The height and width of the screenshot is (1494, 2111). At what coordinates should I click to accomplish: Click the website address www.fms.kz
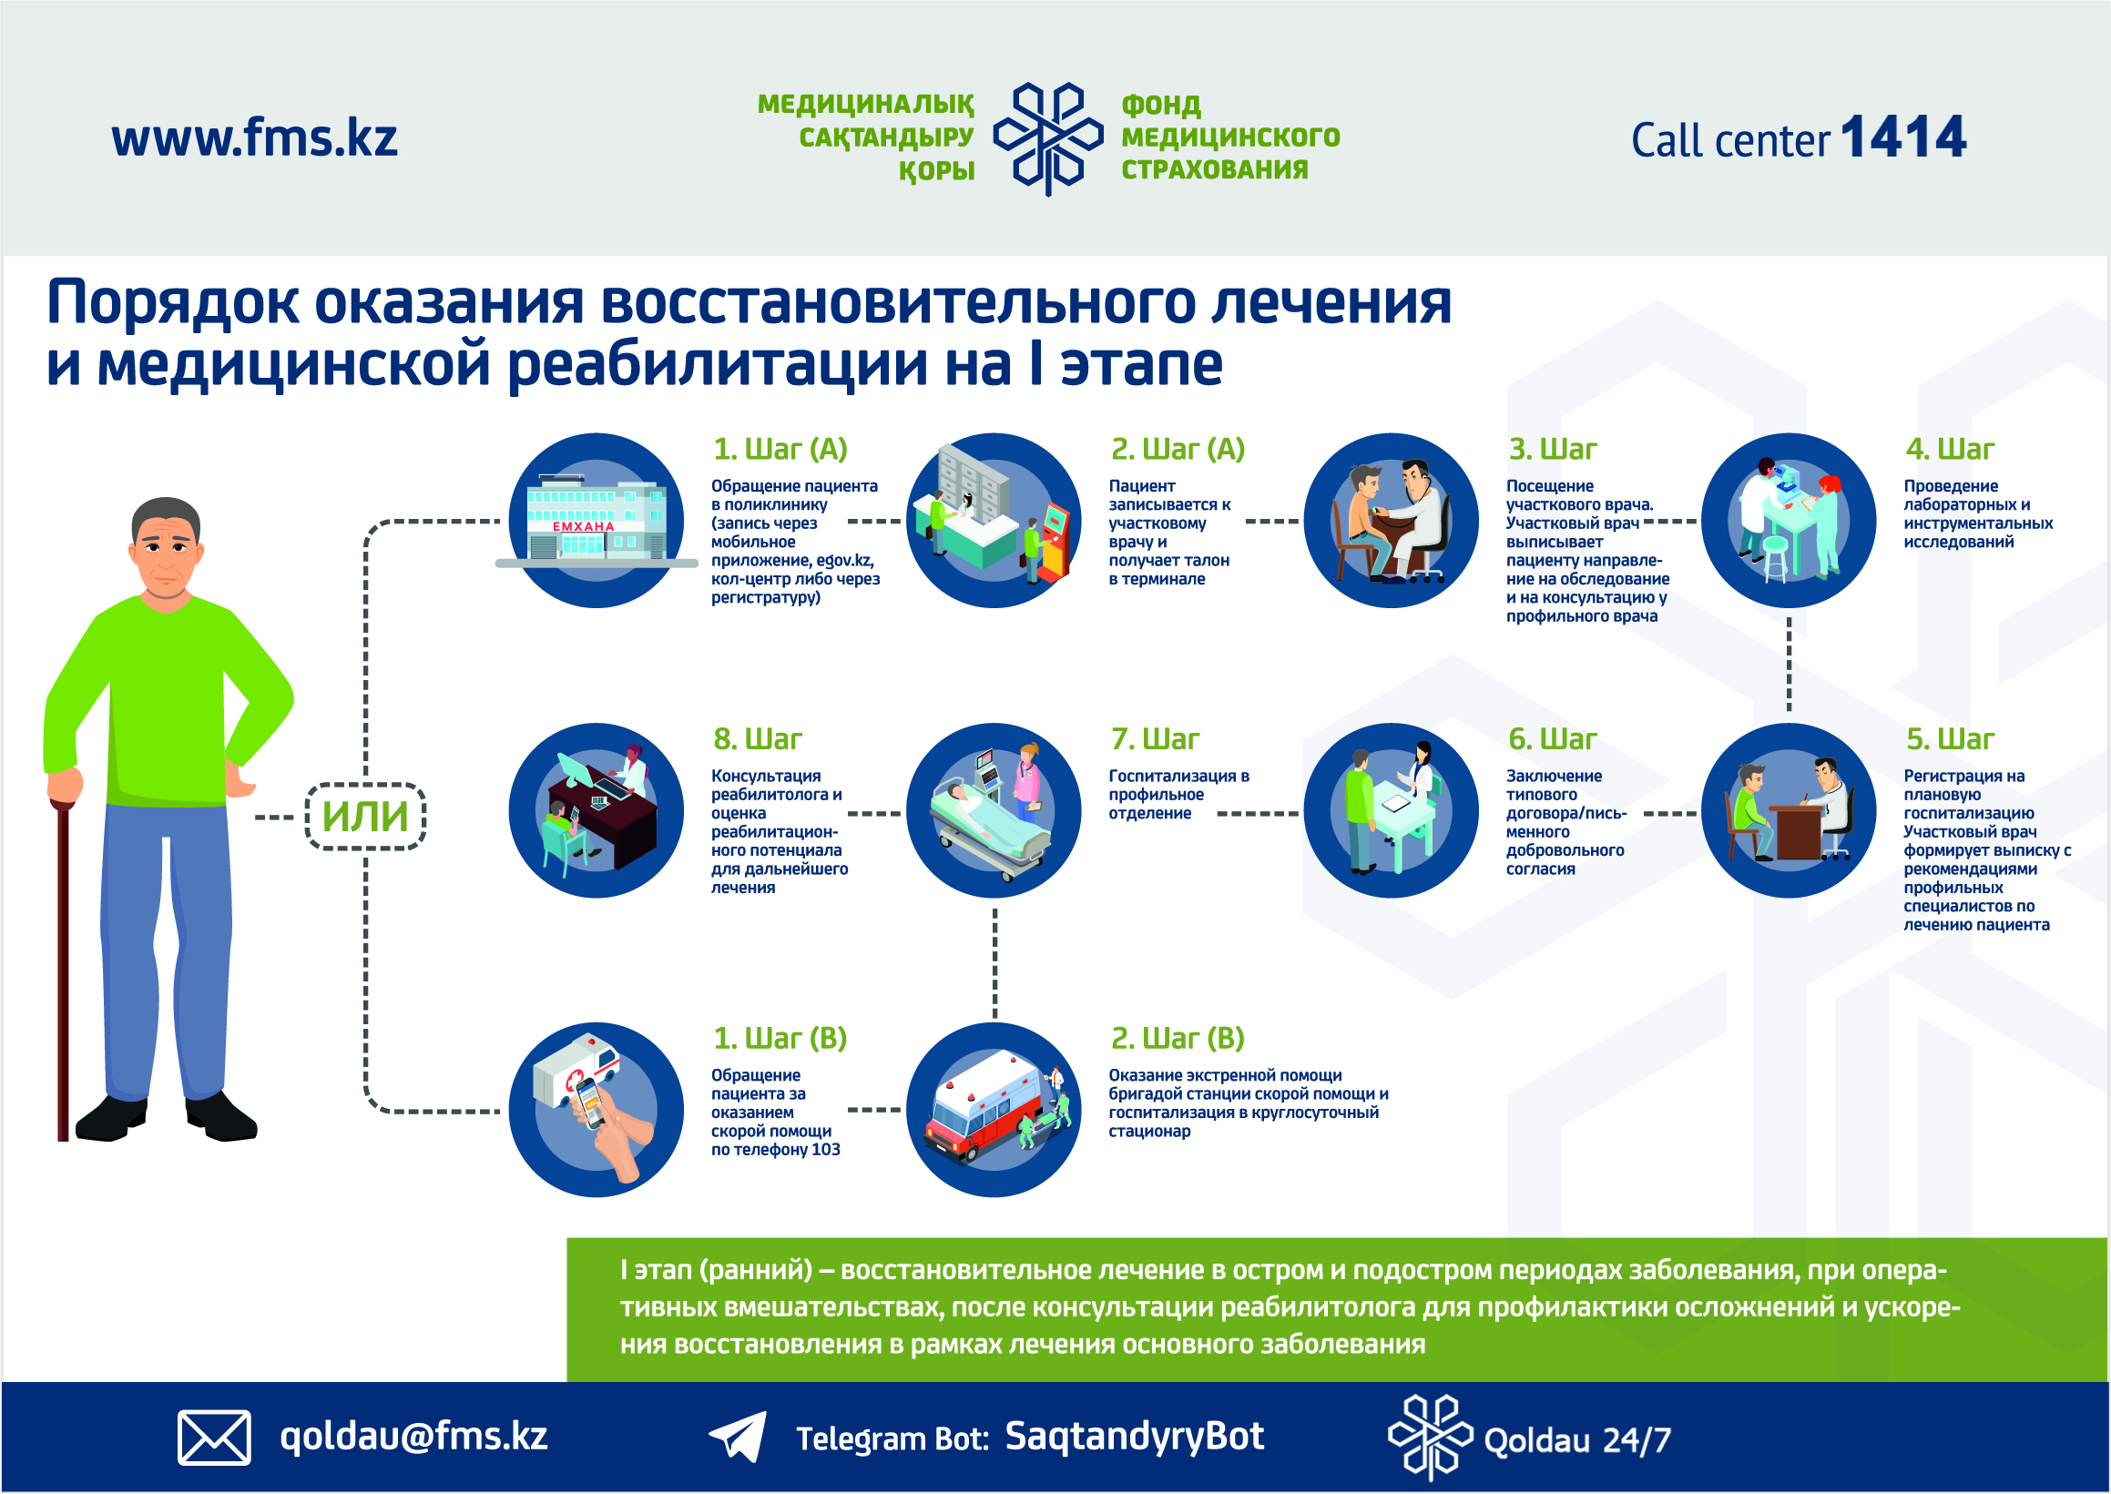coord(254,138)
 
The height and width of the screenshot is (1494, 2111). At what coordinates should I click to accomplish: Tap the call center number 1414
coord(1903,137)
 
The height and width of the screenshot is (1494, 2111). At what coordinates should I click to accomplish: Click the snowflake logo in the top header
coord(1048,138)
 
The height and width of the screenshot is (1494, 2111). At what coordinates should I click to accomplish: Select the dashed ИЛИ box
coord(365,816)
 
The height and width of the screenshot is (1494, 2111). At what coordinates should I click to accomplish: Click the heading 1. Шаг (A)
coord(780,449)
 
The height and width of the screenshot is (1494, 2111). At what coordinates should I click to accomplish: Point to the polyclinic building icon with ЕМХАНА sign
coord(597,521)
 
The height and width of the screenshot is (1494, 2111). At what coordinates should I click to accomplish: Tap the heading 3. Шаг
coord(1553,449)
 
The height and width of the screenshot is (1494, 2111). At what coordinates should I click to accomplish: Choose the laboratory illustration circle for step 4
coord(1788,521)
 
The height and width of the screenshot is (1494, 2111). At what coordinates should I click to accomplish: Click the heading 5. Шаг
coord(1950,738)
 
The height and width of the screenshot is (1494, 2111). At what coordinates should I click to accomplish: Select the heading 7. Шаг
coord(1155,738)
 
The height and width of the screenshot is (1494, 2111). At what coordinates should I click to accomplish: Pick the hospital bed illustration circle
coord(994,810)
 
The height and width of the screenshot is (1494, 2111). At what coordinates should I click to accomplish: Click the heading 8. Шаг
coord(758,738)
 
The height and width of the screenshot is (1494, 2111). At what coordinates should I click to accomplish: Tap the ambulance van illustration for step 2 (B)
coord(994,1110)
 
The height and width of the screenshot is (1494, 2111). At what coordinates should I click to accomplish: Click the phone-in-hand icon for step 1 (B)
coord(597,1110)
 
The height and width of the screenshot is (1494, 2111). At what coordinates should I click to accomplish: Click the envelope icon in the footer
coord(213,1437)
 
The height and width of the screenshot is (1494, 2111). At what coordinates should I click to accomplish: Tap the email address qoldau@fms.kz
coord(414,1437)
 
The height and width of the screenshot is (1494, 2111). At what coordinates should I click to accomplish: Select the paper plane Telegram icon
coord(738,1436)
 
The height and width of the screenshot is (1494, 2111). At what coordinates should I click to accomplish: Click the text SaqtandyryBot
coord(1134,1437)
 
